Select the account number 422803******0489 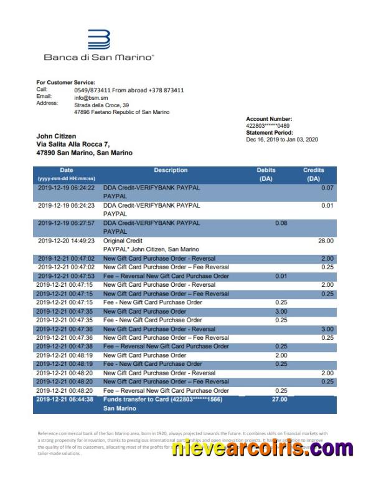click(268, 126)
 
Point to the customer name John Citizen click(56, 136)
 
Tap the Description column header click(171, 170)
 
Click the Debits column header click(266, 174)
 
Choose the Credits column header click(314, 174)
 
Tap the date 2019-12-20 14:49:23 click(66, 241)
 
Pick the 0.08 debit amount click(281, 223)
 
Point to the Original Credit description click(123, 241)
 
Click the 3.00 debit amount click(281, 311)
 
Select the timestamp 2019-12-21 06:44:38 click(65, 399)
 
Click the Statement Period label click(269, 133)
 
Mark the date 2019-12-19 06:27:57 click(66, 223)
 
